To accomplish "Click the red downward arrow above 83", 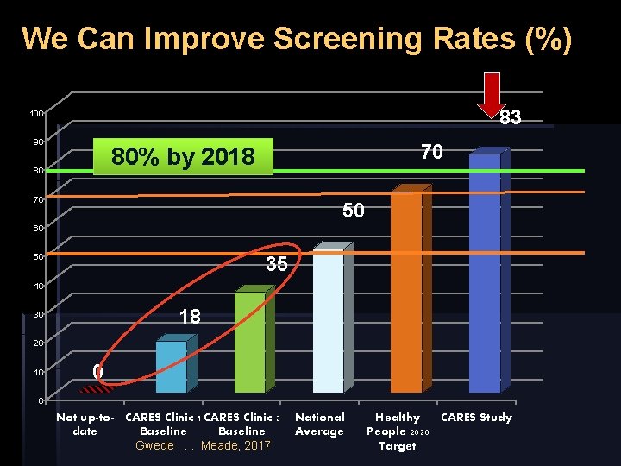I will point(492,93).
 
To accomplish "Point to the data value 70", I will point(432,153).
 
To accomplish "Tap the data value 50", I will point(354,211).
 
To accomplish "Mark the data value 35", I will point(276,265).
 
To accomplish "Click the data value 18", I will point(190,317).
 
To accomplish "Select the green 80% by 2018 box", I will point(183,157).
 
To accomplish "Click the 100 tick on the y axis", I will point(36,114).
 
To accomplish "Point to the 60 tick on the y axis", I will point(39,228).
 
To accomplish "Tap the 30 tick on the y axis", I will point(39,314).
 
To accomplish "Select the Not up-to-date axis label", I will point(85,424).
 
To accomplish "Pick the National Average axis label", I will point(319,424).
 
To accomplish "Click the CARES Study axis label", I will point(476,418).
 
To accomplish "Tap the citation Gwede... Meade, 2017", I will point(204,445).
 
